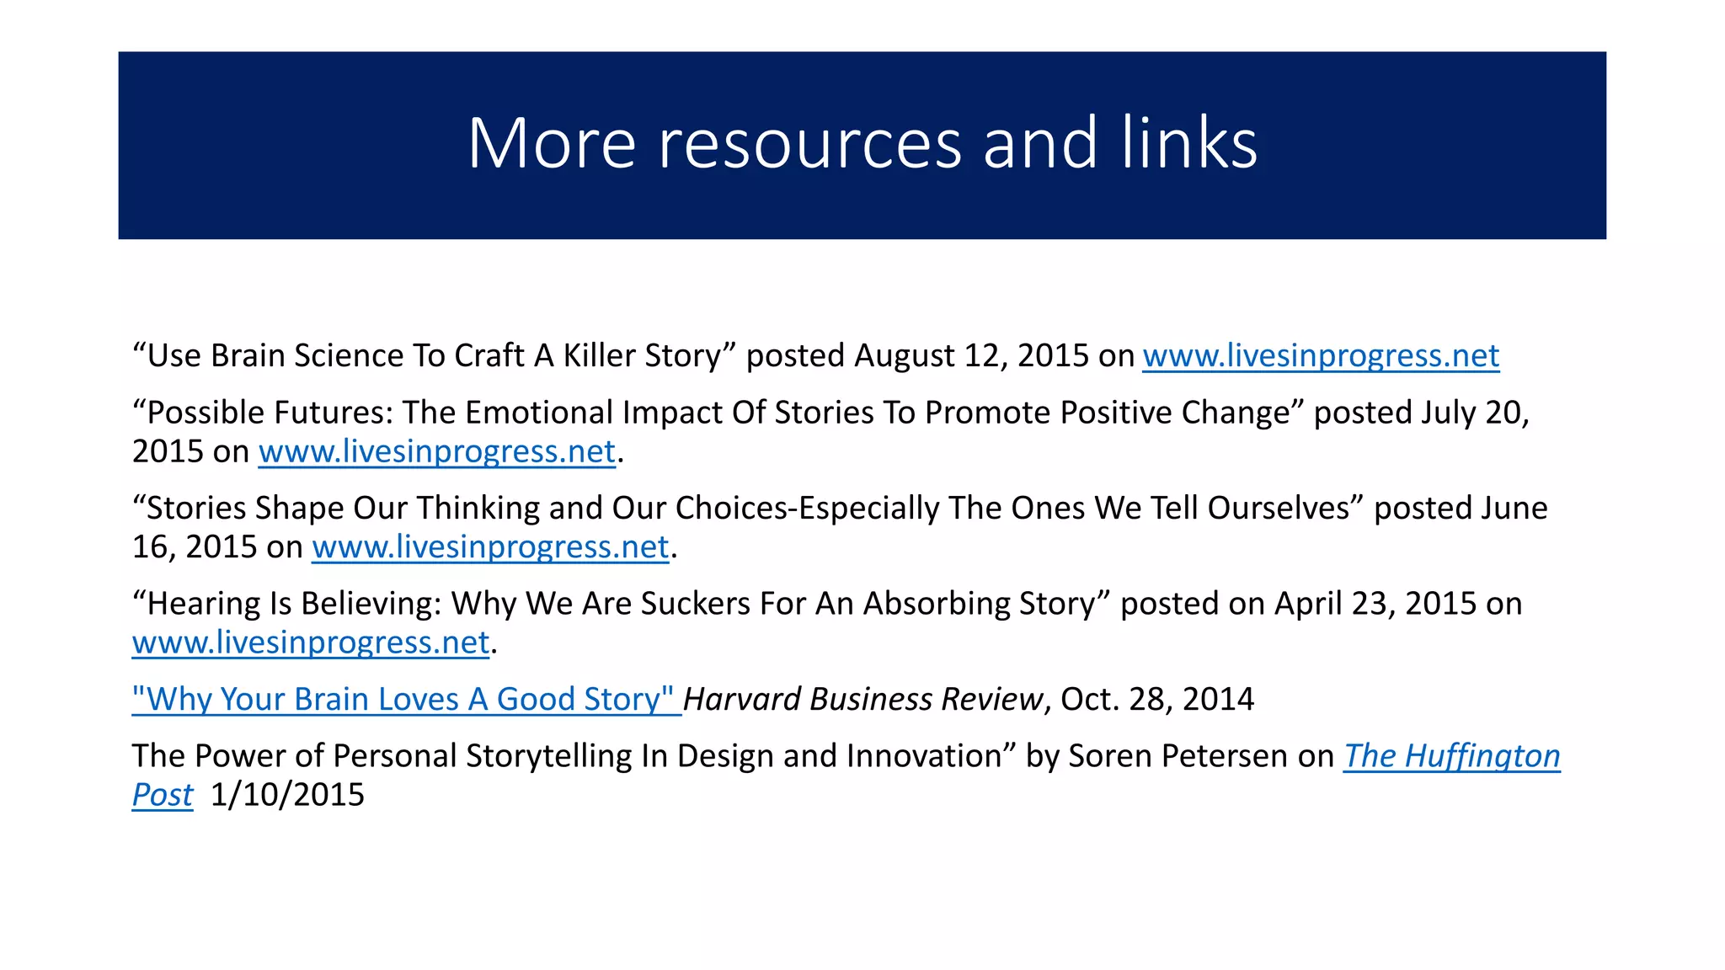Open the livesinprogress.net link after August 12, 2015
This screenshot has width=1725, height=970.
(x=1320, y=356)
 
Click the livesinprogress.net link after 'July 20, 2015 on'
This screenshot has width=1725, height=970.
(x=436, y=452)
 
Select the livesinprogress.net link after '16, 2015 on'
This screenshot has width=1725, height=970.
(x=490, y=547)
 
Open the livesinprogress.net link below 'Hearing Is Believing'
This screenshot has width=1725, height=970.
(x=311, y=643)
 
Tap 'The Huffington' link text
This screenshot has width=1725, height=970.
(x=1451, y=756)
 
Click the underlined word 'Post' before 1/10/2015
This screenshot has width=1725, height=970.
(x=163, y=795)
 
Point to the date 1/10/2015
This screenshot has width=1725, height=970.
(x=287, y=795)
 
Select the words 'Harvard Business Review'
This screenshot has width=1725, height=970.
(x=862, y=700)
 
